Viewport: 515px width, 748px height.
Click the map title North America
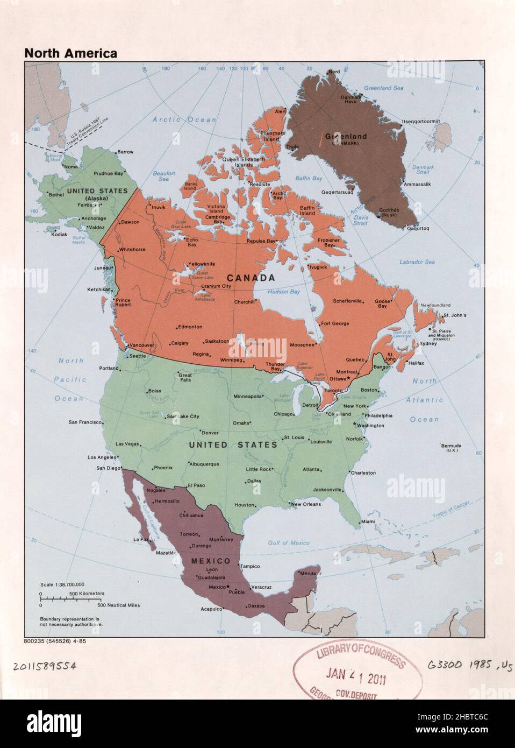click(x=70, y=53)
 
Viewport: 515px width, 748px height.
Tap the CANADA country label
click(x=251, y=278)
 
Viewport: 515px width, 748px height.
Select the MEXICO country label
click(x=211, y=561)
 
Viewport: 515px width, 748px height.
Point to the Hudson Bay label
click(x=283, y=292)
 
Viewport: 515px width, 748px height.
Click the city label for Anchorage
click(x=93, y=218)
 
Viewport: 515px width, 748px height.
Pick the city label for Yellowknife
click(x=201, y=264)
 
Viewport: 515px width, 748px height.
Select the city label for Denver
click(x=210, y=433)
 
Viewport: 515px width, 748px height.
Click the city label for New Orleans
click(x=306, y=504)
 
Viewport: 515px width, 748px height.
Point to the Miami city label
click(x=368, y=521)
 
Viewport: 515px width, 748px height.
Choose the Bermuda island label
click(x=451, y=446)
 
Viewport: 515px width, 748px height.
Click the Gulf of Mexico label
click(x=289, y=543)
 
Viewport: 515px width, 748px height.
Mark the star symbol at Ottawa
click(x=349, y=379)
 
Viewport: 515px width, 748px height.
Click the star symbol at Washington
click(x=354, y=424)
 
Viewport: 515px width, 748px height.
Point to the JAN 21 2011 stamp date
click(x=355, y=676)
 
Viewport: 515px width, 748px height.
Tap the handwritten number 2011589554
click(x=45, y=666)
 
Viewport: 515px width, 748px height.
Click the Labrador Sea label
click(x=417, y=262)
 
